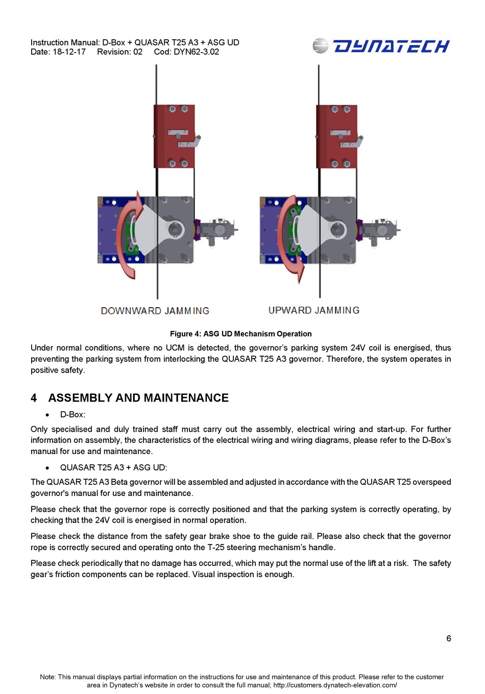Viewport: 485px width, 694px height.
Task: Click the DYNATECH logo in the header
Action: click(381, 46)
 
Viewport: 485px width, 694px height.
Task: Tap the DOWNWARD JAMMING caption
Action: click(155, 311)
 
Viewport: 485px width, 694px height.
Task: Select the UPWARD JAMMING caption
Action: click(314, 310)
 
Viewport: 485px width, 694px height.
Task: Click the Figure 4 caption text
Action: click(240, 334)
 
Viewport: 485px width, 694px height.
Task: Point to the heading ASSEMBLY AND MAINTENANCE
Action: click(138, 398)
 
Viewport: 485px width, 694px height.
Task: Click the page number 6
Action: click(448, 638)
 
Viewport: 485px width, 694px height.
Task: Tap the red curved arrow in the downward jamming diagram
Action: click(125, 235)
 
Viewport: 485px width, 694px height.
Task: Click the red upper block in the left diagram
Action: click(174, 136)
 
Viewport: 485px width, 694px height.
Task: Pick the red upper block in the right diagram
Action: click(336, 136)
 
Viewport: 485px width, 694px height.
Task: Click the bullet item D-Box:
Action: click(72, 414)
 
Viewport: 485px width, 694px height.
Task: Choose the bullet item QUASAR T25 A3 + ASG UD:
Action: click(113, 467)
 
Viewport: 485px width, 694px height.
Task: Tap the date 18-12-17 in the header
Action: click(69, 52)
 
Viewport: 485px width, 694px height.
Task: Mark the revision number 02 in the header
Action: click(138, 52)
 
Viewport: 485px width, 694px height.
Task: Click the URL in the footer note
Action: click(335, 685)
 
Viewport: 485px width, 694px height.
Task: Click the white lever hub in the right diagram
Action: click(337, 230)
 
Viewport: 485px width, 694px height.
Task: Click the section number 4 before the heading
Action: click(34, 398)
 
